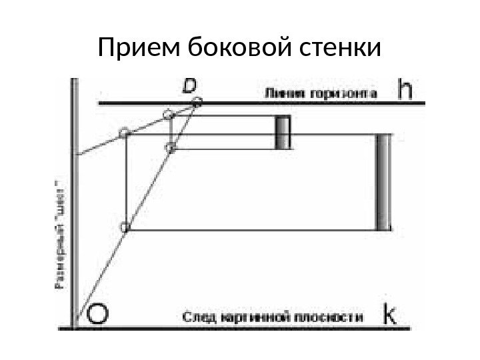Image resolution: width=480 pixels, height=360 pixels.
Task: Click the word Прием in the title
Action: tap(137, 48)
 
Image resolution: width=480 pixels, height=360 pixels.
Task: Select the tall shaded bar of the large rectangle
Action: tap(384, 182)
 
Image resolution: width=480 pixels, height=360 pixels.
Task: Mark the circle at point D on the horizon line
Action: tap(197, 102)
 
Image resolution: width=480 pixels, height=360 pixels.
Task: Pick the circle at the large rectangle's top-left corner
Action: tap(125, 133)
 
